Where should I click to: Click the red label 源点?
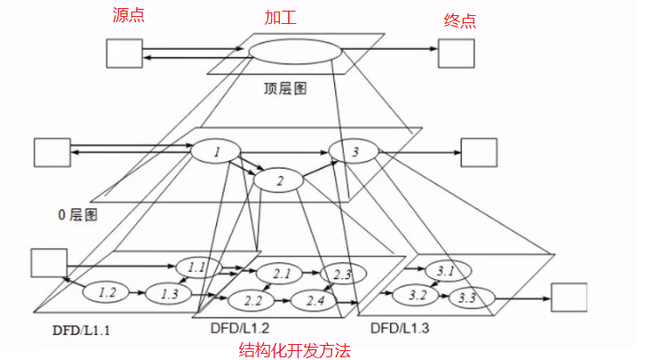(129, 16)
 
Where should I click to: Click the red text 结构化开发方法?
(296, 350)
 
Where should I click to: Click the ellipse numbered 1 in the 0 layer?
(216, 152)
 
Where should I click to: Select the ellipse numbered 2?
(280, 181)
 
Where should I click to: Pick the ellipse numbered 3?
(355, 152)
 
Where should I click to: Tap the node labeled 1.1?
(196, 266)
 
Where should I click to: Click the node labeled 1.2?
(108, 291)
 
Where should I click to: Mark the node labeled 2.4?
(315, 300)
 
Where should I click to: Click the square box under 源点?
(124, 52)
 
